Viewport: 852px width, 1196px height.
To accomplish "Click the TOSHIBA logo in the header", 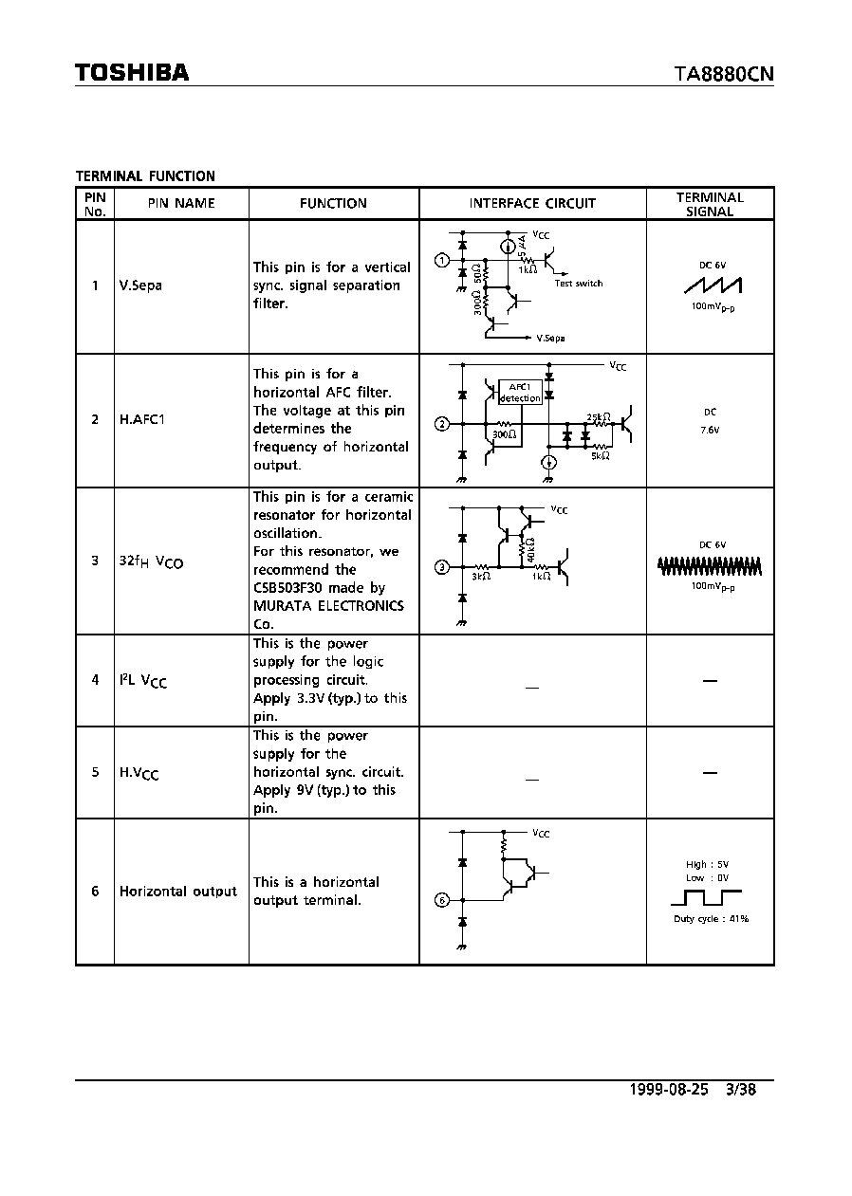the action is coord(132,73).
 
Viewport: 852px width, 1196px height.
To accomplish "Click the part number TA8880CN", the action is coord(724,74).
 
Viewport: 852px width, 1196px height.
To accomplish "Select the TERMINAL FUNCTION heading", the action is coord(145,176).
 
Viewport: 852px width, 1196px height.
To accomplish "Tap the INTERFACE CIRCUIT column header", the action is coord(532,203).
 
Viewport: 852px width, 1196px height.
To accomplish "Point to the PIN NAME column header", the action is coord(181,203).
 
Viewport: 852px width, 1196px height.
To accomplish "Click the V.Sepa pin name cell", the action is coord(140,285).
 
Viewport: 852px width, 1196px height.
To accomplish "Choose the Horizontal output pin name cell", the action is coord(177,892).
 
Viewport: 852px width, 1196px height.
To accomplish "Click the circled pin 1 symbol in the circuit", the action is coord(442,261).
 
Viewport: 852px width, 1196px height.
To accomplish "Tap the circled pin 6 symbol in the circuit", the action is coord(442,900).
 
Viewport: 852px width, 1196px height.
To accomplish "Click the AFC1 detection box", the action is coord(520,393).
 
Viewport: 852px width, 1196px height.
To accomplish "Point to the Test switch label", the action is coord(579,284).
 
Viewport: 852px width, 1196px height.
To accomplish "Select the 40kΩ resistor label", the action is coord(530,549).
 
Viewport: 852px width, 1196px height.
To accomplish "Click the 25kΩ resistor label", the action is coord(599,417).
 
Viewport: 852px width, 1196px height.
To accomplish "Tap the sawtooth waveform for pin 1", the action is coord(713,285).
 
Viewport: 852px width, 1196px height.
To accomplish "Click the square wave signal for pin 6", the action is coord(706,897).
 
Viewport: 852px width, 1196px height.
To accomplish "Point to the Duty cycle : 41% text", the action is coord(711,919).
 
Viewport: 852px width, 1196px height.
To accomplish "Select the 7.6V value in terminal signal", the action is coord(710,430).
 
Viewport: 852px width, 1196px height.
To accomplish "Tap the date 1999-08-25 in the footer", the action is coord(669,1089).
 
